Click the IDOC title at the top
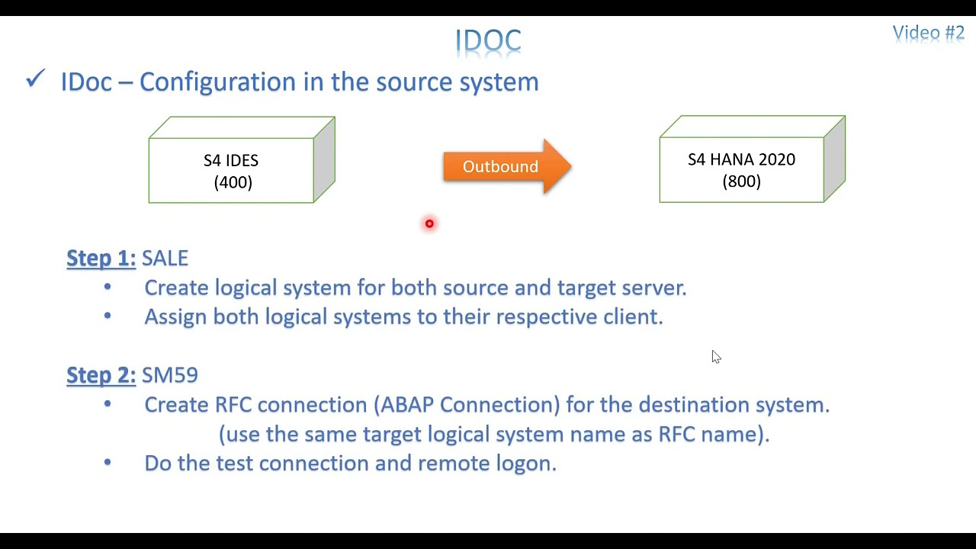[x=488, y=40]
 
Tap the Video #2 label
[x=928, y=33]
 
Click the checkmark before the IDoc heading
[x=35, y=79]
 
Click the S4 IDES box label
[x=230, y=160]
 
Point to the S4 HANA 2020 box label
[x=741, y=159]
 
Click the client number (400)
[x=233, y=182]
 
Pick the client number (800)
[x=741, y=181]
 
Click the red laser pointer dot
[x=429, y=223]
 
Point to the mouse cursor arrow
[x=715, y=356]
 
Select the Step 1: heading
[x=101, y=258]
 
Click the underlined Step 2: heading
[x=101, y=374]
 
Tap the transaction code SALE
[x=165, y=258]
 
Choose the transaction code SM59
[x=170, y=374]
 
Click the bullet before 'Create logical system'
[x=108, y=287]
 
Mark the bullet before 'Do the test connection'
[x=108, y=463]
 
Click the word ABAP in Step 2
[x=406, y=404]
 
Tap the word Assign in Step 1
[x=175, y=316]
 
